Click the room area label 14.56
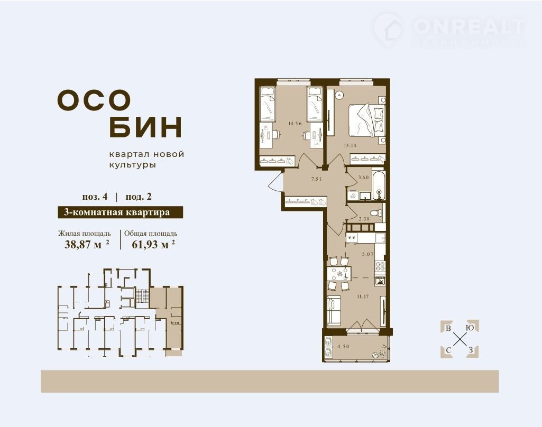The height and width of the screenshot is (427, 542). (x=295, y=123)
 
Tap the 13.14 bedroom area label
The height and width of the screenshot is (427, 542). (x=350, y=145)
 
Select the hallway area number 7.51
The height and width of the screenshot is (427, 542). (x=317, y=179)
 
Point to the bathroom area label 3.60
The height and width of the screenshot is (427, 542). (x=364, y=178)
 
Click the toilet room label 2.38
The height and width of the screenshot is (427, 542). (x=364, y=219)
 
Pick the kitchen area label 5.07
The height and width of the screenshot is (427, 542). (x=368, y=254)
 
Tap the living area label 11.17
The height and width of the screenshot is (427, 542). (x=362, y=296)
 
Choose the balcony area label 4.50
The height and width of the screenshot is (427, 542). (x=343, y=346)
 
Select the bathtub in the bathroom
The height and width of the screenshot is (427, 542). (x=379, y=185)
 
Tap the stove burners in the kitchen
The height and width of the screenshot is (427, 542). (x=380, y=266)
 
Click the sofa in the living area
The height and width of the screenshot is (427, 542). (x=334, y=310)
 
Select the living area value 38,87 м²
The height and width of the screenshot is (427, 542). (x=87, y=244)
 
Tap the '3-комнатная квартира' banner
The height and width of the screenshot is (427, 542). (x=120, y=212)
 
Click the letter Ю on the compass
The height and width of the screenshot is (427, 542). (x=470, y=328)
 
